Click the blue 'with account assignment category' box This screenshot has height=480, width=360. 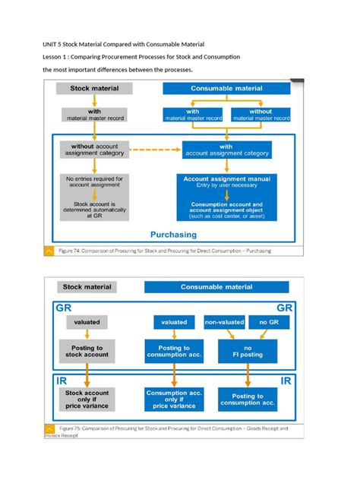pyautogui.click(x=226, y=150)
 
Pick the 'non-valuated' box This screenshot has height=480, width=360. pyautogui.click(x=224, y=322)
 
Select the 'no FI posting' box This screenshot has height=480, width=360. pyautogui.click(x=248, y=352)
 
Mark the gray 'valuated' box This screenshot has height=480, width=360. pyautogui.click(x=87, y=322)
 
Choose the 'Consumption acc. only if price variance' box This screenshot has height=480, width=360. pyautogui.click(x=174, y=399)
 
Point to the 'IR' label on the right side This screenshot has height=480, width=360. pyautogui.click(x=286, y=381)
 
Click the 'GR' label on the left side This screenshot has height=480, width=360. pyautogui.click(x=64, y=309)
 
